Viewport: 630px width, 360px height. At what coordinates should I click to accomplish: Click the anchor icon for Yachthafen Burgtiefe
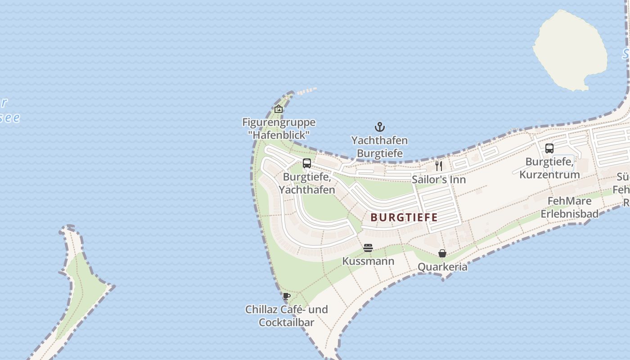[380, 127]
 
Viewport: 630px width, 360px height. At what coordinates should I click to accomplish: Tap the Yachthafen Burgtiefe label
[379, 147]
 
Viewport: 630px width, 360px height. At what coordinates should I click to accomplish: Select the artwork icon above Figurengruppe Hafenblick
[279, 109]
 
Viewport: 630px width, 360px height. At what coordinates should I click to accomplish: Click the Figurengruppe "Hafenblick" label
[279, 128]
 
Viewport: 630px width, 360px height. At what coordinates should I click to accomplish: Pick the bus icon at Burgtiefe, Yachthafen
[307, 163]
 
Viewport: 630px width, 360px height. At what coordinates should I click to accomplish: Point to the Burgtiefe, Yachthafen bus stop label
[307, 184]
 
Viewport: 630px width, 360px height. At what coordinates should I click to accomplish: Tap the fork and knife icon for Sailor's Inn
[439, 166]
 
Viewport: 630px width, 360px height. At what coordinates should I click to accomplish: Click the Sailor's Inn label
[439, 180]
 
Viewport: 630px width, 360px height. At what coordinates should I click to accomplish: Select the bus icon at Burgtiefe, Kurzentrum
[549, 148]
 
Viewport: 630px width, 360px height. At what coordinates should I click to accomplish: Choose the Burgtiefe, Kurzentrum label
[549, 168]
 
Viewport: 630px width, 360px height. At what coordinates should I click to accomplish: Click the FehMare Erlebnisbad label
[569, 207]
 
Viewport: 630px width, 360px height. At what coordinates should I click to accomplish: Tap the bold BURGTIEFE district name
[404, 217]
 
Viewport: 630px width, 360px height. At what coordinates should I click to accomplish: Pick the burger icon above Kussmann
[368, 248]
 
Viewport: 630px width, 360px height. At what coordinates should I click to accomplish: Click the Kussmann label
[368, 261]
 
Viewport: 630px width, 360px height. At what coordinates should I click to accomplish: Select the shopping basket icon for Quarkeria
[442, 253]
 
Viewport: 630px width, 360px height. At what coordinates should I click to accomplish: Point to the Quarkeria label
[442, 267]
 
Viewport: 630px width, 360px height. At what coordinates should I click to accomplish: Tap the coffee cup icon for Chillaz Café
[286, 296]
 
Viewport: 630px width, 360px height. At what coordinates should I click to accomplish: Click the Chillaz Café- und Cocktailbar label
[286, 316]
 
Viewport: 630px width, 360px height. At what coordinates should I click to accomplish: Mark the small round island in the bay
[569, 49]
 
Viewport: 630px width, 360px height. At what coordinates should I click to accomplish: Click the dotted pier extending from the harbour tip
[307, 91]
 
